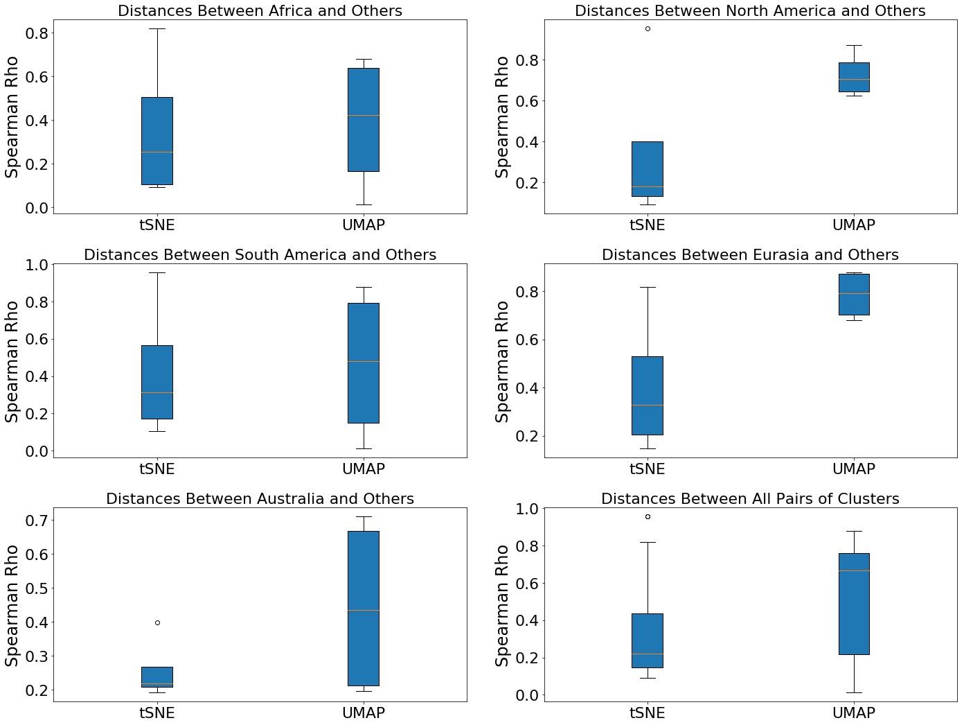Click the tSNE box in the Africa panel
click(157, 141)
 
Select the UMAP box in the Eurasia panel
click(854, 295)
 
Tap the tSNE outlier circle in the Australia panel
click(157, 622)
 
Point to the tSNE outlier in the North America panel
click(648, 28)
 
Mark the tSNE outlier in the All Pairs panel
click(648, 516)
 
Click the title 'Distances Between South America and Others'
click(260, 255)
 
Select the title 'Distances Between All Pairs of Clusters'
click(750, 499)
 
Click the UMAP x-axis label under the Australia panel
click(364, 713)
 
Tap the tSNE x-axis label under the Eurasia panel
click(648, 469)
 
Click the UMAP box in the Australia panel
click(364, 609)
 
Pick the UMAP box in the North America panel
click(854, 77)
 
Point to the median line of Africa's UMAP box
click(364, 115)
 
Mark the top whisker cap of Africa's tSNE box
click(157, 28)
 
